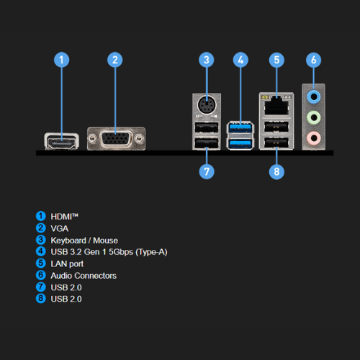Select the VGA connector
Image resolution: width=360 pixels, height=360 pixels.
tap(116, 138)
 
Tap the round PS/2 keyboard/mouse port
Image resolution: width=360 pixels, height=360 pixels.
tap(207, 105)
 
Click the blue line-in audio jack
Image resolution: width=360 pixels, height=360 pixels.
tap(313, 97)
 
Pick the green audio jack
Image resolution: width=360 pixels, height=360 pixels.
tap(313, 117)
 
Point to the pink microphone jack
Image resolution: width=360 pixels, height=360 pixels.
tap(313, 138)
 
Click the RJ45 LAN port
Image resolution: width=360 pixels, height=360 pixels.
tap(276, 105)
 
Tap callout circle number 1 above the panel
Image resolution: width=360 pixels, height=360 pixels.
tap(61, 60)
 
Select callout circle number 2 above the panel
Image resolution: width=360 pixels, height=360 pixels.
tap(115, 60)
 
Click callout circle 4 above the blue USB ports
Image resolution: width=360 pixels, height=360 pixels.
tap(240, 60)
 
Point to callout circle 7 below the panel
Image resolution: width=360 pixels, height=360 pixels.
tap(207, 171)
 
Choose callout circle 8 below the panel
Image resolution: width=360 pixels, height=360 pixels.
tap(276, 171)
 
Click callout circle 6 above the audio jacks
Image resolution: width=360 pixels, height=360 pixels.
tap(314, 60)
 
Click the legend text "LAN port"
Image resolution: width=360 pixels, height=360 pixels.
tap(67, 264)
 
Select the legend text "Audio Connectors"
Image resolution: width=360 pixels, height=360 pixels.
tap(84, 276)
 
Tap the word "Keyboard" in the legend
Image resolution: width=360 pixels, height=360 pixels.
tap(68, 240)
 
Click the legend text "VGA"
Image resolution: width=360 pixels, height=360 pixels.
tap(60, 228)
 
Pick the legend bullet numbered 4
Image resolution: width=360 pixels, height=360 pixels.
tap(41, 251)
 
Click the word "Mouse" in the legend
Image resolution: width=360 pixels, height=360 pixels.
tap(105, 240)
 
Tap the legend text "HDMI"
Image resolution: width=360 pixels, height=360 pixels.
tap(61, 217)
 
